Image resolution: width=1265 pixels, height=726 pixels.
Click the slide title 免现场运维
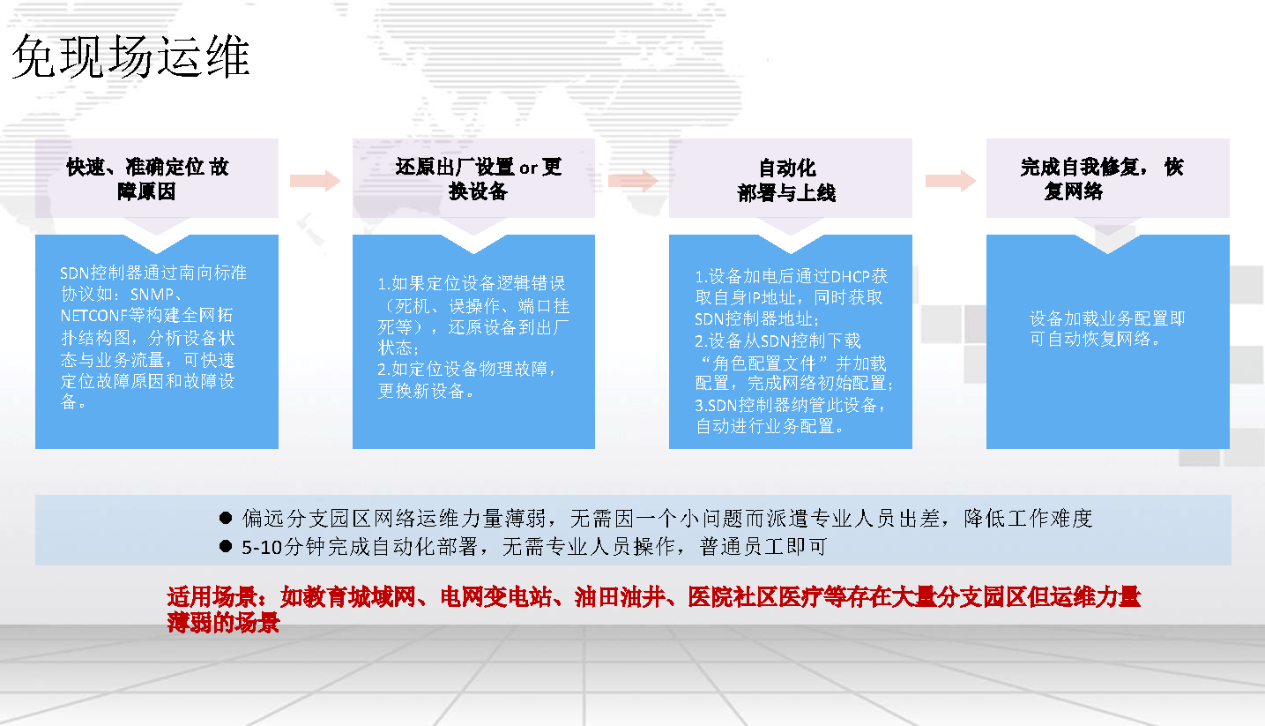(x=130, y=56)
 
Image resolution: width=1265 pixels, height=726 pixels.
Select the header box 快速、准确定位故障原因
(x=156, y=178)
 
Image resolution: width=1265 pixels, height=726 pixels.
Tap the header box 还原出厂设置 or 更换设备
(x=473, y=178)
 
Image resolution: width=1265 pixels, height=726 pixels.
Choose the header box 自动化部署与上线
(x=790, y=178)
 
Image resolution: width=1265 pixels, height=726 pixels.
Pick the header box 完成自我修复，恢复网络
(x=1107, y=178)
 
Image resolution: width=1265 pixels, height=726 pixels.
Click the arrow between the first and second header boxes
(x=315, y=181)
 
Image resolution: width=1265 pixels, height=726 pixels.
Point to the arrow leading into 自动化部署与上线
(x=633, y=181)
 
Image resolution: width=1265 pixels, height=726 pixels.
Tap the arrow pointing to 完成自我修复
(x=950, y=181)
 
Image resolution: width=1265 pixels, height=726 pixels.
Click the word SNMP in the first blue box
(x=152, y=295)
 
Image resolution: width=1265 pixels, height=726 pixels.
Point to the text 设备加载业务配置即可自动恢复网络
(x=1107, y=328)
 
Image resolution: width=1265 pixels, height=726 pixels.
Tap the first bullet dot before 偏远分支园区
(x=226, y=518)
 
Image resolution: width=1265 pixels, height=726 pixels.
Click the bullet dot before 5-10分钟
(x=226, y=546)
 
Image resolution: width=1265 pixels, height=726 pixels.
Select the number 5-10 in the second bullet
(x=262, y=547)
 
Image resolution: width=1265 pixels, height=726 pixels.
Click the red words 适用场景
(x=212, y=596)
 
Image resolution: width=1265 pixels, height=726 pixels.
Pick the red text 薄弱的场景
(x=223, y=622)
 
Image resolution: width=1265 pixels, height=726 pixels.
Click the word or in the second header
(x=528, y=168)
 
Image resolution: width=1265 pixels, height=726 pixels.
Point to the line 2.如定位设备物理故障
(x=466, y=369)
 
